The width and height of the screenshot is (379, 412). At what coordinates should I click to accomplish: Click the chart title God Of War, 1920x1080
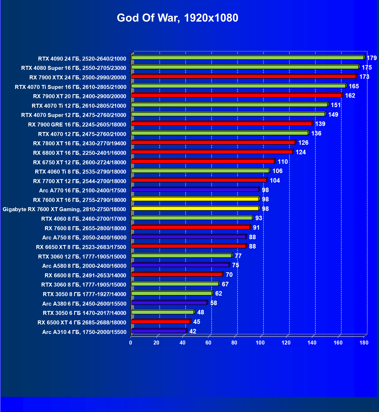[x=177, y=18]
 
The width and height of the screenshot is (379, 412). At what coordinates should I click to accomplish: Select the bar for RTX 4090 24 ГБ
[x=247, y=58]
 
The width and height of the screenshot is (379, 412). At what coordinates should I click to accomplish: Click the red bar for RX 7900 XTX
[x=244, y=76]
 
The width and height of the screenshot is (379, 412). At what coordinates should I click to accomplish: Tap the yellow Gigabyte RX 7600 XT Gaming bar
[x=195, y=209]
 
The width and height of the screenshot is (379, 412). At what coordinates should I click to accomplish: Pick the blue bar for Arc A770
[x=195, y=190]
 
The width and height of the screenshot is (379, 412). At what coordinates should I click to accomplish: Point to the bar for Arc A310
[x=159, y=331]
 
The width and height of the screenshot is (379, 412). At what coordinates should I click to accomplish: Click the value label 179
[x=372, y=58]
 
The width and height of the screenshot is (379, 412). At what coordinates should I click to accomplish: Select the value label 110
[x=283, y=162]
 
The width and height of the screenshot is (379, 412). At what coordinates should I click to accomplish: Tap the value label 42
[x=193, y=331]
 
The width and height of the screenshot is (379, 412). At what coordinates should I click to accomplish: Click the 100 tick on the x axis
[x=260, y=343]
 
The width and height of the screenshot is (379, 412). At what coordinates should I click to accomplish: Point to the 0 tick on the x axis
[x=131, y=343]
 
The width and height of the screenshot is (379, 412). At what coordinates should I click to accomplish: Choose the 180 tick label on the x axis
[x=364, y=343]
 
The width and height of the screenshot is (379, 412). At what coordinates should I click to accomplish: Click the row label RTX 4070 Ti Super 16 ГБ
[x=71, y=87]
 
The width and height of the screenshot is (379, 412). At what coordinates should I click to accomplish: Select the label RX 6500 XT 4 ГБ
[x=82, y=323]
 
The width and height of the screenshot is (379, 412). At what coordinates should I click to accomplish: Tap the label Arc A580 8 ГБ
[x=84, y=266]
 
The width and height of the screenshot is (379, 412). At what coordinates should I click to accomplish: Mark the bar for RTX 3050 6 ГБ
[x=163, y=312]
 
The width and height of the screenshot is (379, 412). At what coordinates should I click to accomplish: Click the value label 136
[x=316, y=133]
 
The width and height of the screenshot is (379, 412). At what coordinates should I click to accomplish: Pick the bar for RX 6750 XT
[x=203, y=161]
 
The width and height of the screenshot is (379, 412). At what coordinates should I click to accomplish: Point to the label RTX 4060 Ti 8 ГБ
[x=81, y=172]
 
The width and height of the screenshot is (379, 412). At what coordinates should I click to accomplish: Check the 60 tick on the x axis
[x=208, y=343]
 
